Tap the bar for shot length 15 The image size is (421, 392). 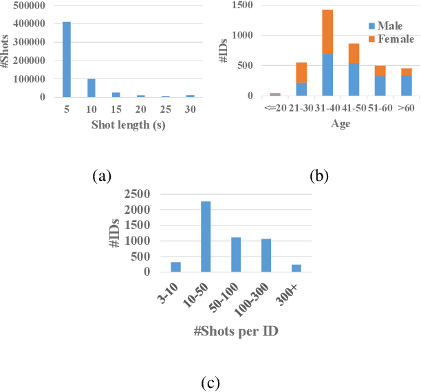coord(116,94)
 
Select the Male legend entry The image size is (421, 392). coord(388,25)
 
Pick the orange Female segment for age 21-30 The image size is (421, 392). coord(302,72)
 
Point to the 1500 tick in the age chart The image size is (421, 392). coord(244,6)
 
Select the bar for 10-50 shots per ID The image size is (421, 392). coord(206,237)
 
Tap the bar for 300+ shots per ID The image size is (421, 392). coord(296,268)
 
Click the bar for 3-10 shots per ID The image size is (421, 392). coord(175,267)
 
